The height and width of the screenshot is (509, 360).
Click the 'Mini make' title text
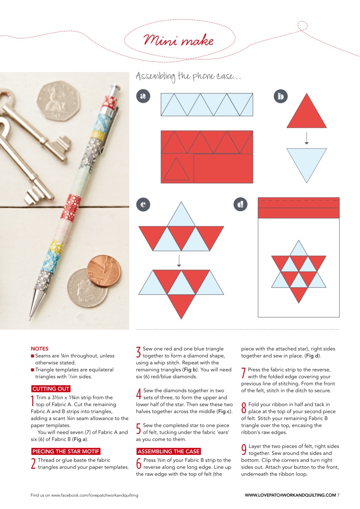tap(179, 41)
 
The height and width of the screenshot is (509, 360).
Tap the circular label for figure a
tap(143, 96)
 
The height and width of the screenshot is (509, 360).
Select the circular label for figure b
tap(281, 96)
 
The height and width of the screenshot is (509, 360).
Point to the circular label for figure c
tap(143, 204)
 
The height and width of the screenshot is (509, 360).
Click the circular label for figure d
tap(240, 204)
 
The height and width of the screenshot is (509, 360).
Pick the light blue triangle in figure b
tap(306, 161)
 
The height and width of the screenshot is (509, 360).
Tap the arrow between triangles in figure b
tap(306, 138)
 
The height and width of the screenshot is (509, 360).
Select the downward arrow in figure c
tap(179, 260)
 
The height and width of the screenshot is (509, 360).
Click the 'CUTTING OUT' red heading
tap(51, 389)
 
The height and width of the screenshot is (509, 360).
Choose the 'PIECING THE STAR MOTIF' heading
tap(66, 451)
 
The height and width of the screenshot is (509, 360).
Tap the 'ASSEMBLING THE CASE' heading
tap(169, 451)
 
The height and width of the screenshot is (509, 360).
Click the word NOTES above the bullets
tap(39, 349)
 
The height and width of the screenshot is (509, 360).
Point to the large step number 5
tap(139, 428)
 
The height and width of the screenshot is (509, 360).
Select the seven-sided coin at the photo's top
tap(58, 101)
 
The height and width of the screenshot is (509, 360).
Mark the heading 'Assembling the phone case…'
tap(188, 76)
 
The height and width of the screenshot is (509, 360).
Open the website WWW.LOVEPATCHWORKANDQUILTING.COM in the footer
tap(290, 495)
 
